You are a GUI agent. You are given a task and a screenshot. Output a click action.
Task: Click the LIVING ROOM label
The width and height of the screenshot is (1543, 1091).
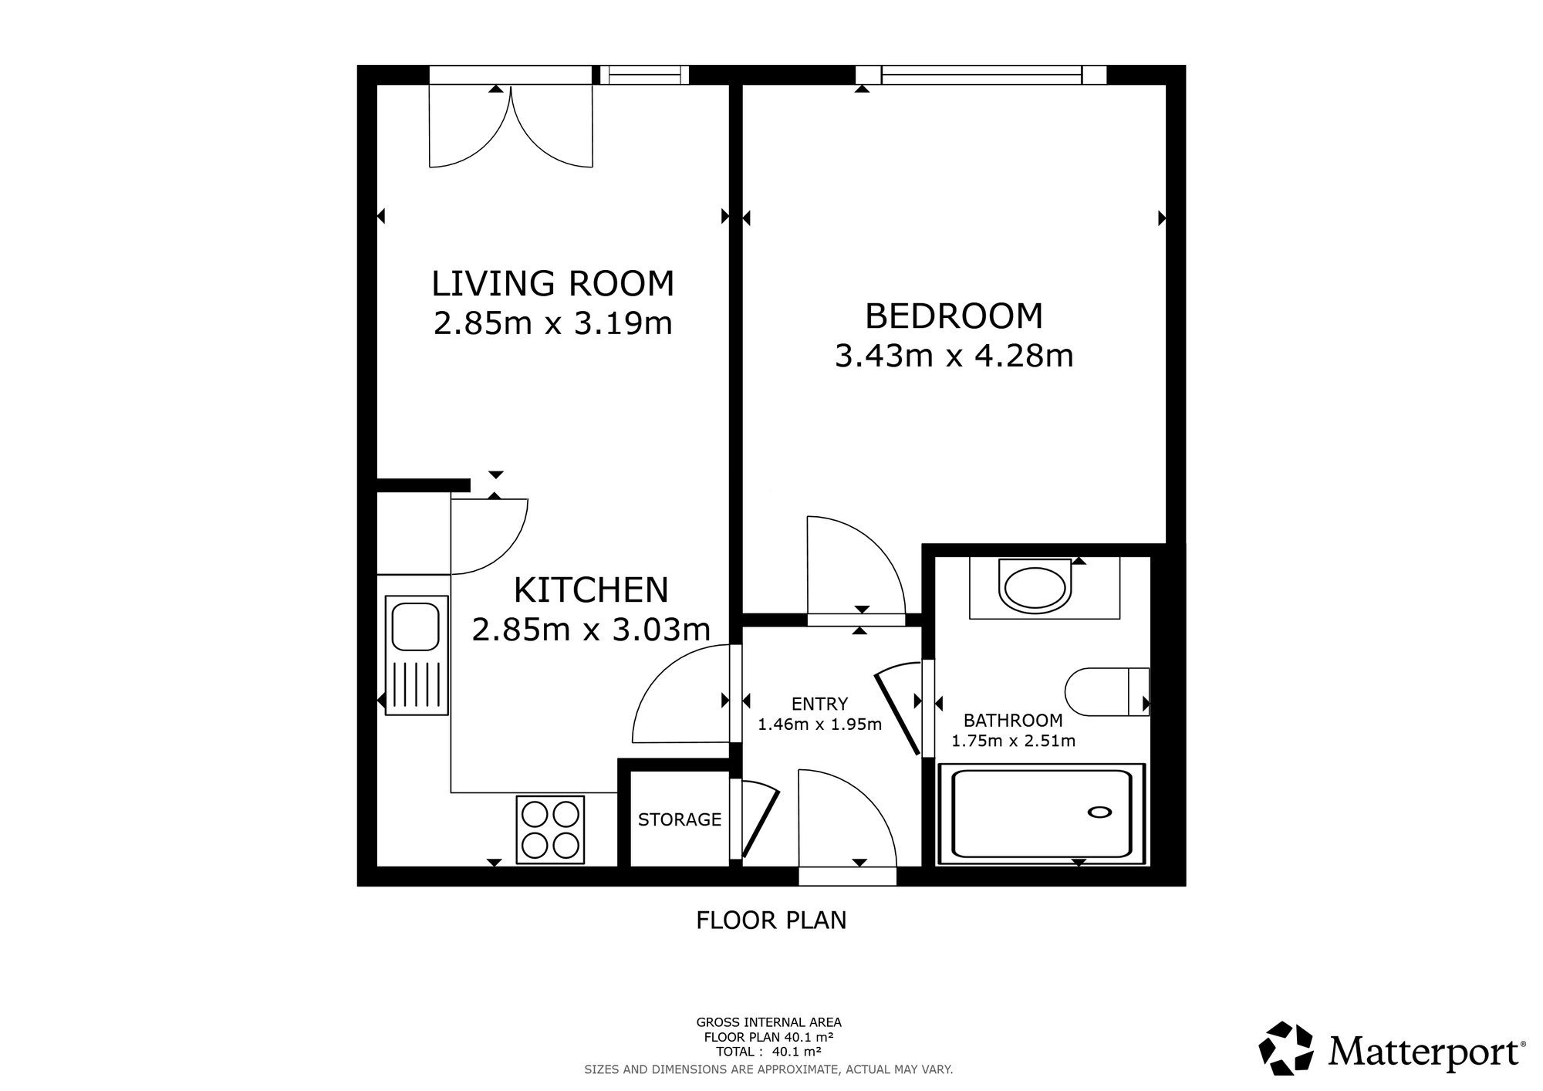click(x=552, y=283)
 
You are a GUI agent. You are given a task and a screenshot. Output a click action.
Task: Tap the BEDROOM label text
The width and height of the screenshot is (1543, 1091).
click(x=954, y=316)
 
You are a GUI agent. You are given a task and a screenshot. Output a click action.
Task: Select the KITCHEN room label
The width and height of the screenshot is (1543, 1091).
click(x=591, y=590)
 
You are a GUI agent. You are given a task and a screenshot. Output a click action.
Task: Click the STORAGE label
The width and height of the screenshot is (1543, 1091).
click(x=680, y=819)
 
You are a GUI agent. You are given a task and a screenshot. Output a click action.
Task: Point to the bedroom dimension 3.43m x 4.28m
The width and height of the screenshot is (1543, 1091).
click(x=954, y=356)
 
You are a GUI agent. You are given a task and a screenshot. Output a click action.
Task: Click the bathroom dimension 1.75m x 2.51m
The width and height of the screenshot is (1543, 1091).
click(x=1013, y=741)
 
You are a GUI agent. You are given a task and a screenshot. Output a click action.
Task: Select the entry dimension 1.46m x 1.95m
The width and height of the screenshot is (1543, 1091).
click(x=820, y=725)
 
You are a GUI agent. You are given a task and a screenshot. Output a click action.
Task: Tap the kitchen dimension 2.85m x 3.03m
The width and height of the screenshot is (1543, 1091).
click(x=591, y=630)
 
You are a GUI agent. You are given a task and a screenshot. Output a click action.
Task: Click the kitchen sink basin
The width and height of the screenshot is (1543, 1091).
click(x=416, y=626)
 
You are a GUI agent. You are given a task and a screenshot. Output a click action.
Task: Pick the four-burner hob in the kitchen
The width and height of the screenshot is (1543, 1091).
click(x=550, y=829)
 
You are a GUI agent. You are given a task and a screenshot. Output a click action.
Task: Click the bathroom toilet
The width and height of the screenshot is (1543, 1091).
click(x=1107, y=692)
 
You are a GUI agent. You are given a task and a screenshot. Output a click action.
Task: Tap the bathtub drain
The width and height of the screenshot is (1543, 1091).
click(x=1099, y=812)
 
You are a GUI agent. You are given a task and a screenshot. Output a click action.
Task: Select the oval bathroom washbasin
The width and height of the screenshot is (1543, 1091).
click(x=1035, y=587)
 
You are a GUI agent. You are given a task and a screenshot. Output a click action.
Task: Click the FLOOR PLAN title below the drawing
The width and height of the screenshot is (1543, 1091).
click(x=771, y=920)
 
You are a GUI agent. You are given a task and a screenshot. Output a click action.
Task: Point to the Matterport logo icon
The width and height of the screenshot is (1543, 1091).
click(x=1286, y=1048)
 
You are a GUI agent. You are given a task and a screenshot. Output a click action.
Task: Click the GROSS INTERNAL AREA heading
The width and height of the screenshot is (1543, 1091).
click(x=769, y=1023)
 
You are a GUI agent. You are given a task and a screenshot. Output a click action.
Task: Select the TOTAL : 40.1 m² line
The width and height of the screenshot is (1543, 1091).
click(x=768, y=1052)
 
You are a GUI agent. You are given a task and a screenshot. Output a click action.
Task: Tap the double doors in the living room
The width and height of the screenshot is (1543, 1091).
click(x=511, y=125)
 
